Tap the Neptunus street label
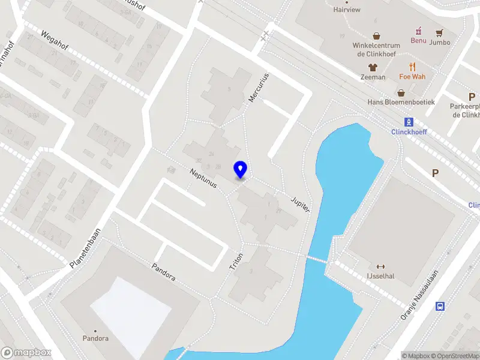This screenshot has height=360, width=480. tap(203, 181)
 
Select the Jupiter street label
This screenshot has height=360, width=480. tap(300, 203)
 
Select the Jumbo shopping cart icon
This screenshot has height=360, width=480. tap(440, 32)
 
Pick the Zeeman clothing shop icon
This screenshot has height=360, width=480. tap(373, 67)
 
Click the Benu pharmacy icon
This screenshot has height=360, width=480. tap(418, 31)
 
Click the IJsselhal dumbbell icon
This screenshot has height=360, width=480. tap(379, 266)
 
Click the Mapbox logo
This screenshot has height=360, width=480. tap(26, 353)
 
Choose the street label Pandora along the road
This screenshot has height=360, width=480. tap(163, 272)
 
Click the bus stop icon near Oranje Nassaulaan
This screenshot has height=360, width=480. tap(440, 306)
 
